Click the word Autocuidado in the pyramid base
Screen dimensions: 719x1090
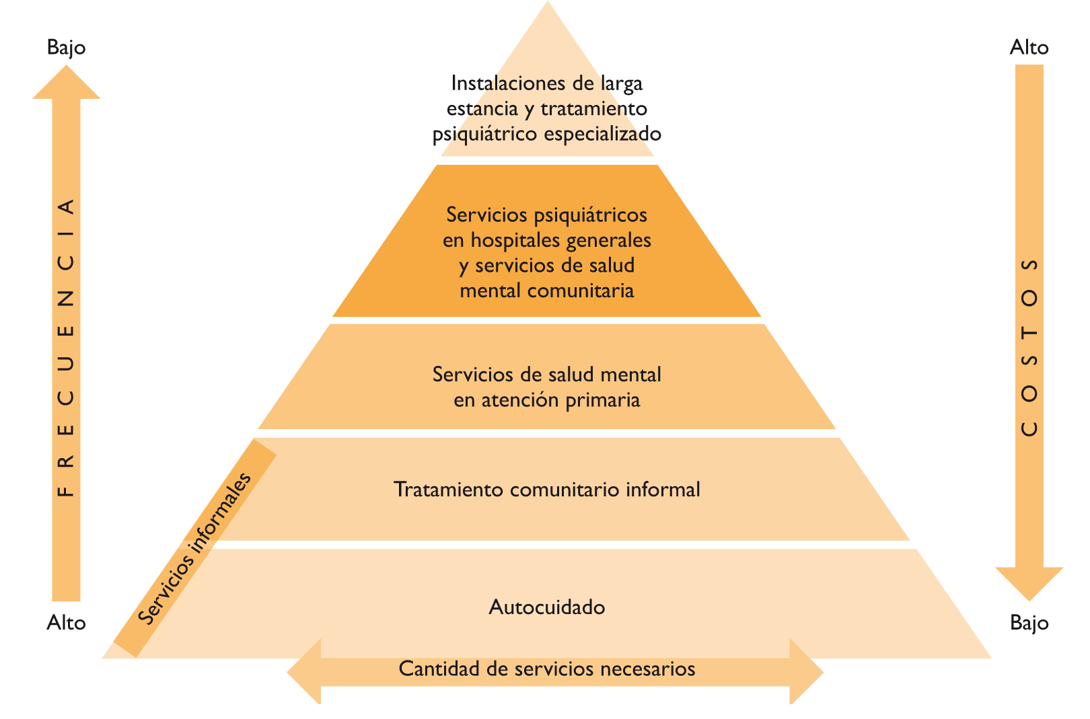[x=546, y=607]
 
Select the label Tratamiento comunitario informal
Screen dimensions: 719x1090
[x=546, y=490]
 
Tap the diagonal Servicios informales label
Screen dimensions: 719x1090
[x=194, y=549]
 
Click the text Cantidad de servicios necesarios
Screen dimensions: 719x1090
[x=546, y=669]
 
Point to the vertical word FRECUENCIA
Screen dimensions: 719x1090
[x=66, y=347]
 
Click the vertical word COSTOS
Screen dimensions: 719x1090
[x=1029, y=347]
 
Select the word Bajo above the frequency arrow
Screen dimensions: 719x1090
[x=66, y=48]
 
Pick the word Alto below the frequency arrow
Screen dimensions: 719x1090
[x=66, y=623]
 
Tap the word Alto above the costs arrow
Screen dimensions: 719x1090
[x=1029, y=48]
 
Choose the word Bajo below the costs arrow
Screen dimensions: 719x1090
[x=1029, y=623]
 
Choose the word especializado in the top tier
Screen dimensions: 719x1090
[x=602, y=134]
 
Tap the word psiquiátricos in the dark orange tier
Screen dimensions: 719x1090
[x=590, y=215]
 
